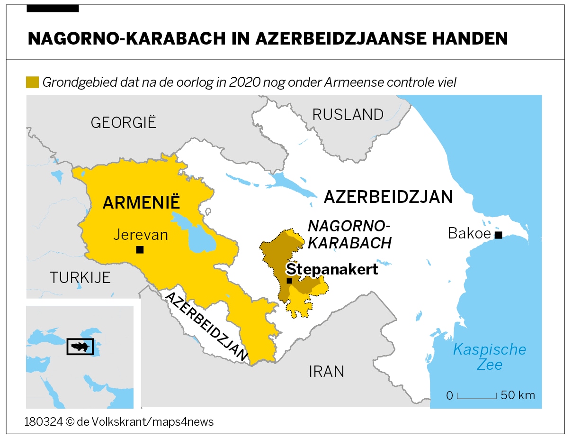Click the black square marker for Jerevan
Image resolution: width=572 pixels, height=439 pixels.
click(140, 250)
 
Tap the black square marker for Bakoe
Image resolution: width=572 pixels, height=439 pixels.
click(498, 235)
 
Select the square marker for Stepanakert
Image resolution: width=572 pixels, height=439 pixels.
click(289, 281)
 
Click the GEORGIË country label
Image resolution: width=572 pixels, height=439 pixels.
click(123, 122)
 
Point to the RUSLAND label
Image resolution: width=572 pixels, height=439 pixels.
click(348, 115)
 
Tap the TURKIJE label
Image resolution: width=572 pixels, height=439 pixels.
click(80, 277)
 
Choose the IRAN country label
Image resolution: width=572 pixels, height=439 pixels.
click(326, 371)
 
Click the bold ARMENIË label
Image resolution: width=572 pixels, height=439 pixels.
click(142, 202)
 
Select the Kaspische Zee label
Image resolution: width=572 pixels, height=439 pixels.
click(489, 357)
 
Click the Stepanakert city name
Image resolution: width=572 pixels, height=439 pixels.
click(332, 269)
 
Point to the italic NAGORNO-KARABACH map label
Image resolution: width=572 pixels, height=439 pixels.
click(349, 234)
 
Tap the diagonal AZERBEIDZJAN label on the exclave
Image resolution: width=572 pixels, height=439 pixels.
click(206, 326)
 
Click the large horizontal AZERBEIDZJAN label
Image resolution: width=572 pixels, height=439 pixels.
click(388, 197)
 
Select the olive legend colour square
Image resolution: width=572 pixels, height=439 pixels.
click(32, 82)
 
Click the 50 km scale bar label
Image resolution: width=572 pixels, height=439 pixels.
click(518, 395)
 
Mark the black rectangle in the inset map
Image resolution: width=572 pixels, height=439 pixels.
click(80, 347)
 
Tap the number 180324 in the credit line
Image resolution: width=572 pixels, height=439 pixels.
click(44, 421)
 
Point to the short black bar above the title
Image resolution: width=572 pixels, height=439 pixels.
click(53, 9)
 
